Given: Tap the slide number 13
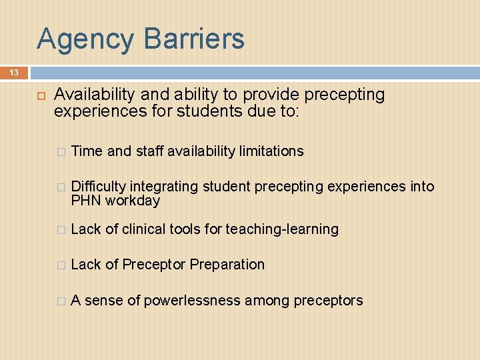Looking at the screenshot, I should pos(13,72).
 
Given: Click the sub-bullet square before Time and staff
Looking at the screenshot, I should pos(61,152).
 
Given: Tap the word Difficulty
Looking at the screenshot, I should pos(99,187).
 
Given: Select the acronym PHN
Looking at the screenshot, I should pos(85,200).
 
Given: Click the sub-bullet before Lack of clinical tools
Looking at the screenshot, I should pos(61,230).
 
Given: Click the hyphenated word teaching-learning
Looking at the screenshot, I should pos(282,229).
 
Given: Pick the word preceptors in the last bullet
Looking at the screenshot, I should pos(330,301).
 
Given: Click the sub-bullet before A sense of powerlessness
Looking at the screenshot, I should pos(61,301).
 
